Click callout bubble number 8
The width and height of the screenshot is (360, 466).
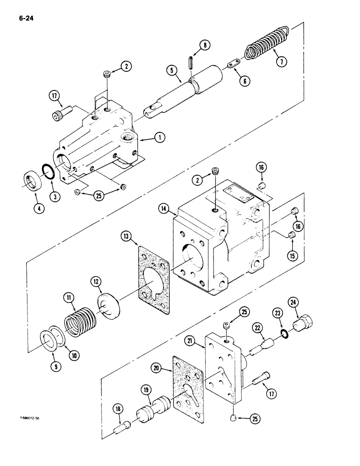tap(205, 45)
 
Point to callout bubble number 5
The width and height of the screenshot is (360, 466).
tap(172, 71)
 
